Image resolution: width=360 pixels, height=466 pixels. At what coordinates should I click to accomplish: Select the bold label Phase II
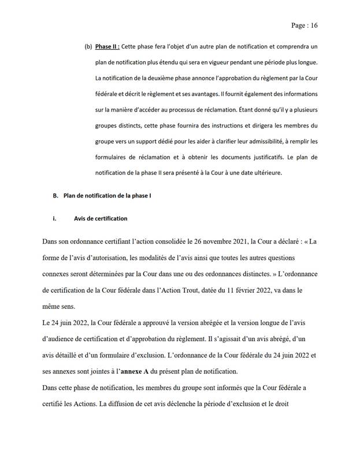tap(107, 46)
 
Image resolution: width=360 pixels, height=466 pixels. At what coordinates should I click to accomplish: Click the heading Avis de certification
tap(101, 219)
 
